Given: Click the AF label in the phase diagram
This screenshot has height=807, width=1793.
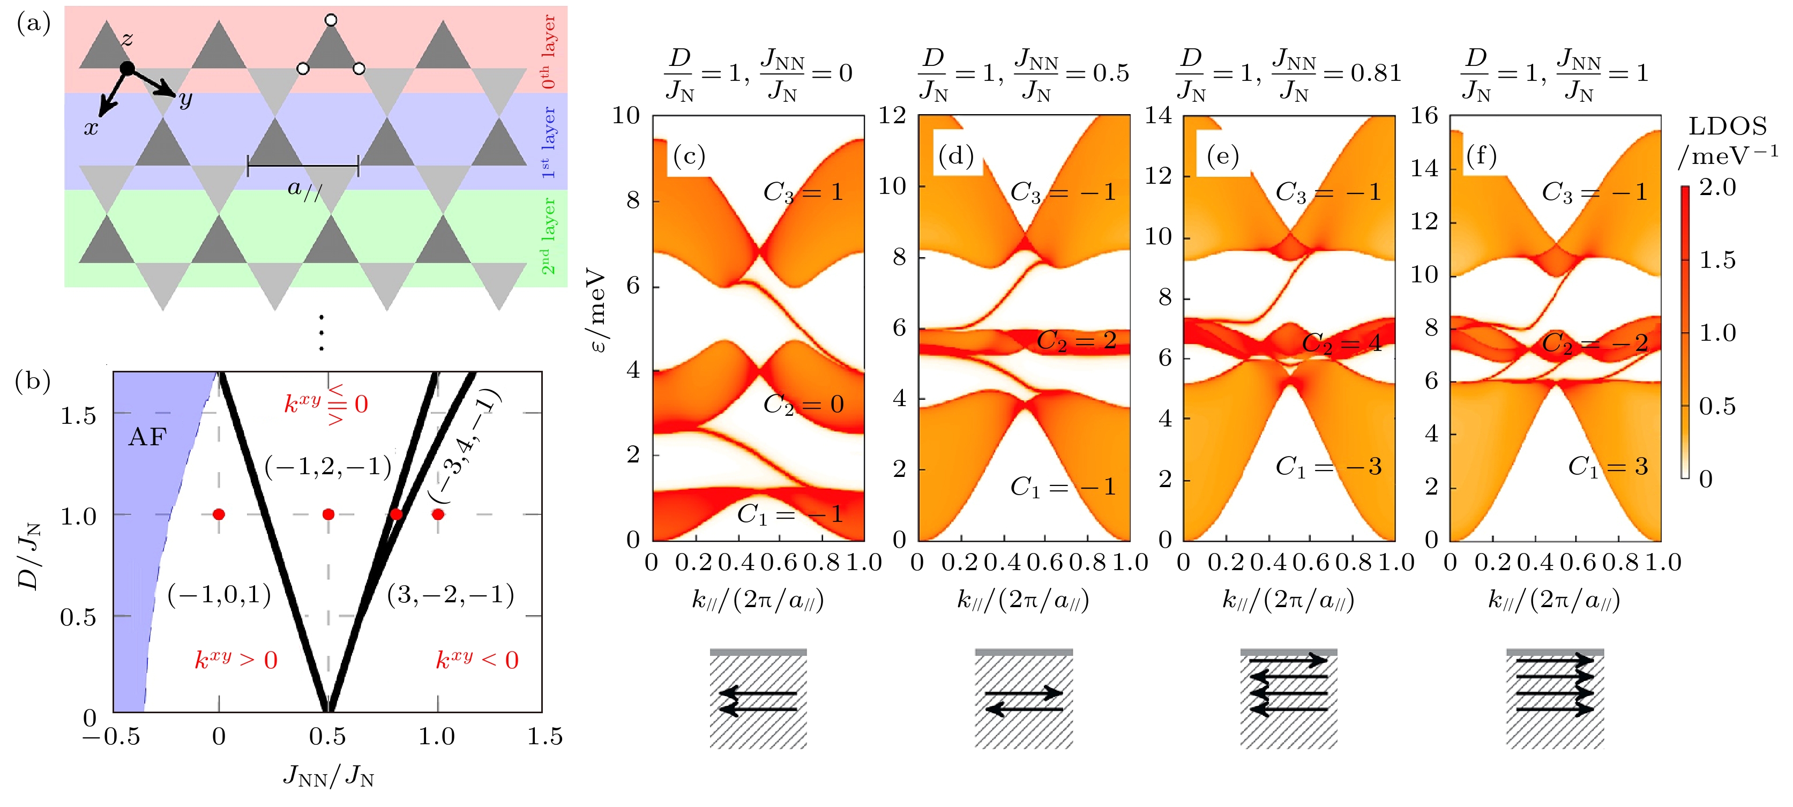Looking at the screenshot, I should pos(147,437).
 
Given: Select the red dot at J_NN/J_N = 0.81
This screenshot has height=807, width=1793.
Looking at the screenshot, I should pos(396,514).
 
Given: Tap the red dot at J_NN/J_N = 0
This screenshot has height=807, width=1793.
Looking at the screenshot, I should pos(219,514).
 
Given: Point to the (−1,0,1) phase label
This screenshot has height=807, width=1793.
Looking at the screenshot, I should pos(219,595).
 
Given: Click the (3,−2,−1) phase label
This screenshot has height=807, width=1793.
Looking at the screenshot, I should pos(450,595).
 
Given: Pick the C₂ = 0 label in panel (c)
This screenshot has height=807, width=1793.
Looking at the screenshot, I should pos(803,405).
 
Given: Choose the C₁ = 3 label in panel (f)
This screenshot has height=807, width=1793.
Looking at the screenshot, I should pos(1608,467).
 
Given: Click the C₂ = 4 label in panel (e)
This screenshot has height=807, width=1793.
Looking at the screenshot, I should pos(1341,342).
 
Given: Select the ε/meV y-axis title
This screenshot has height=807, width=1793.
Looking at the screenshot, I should pos(597,310).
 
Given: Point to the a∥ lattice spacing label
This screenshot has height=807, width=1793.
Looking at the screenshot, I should pos(305,189).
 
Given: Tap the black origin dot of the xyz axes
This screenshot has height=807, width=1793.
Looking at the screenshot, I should pos(128,68).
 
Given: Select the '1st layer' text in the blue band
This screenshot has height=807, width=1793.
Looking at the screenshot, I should pos(549,142).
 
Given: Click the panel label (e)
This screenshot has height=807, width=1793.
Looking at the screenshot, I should pos(1222,156).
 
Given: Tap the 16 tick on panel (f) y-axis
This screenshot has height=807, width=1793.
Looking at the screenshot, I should pos(1424,116).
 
